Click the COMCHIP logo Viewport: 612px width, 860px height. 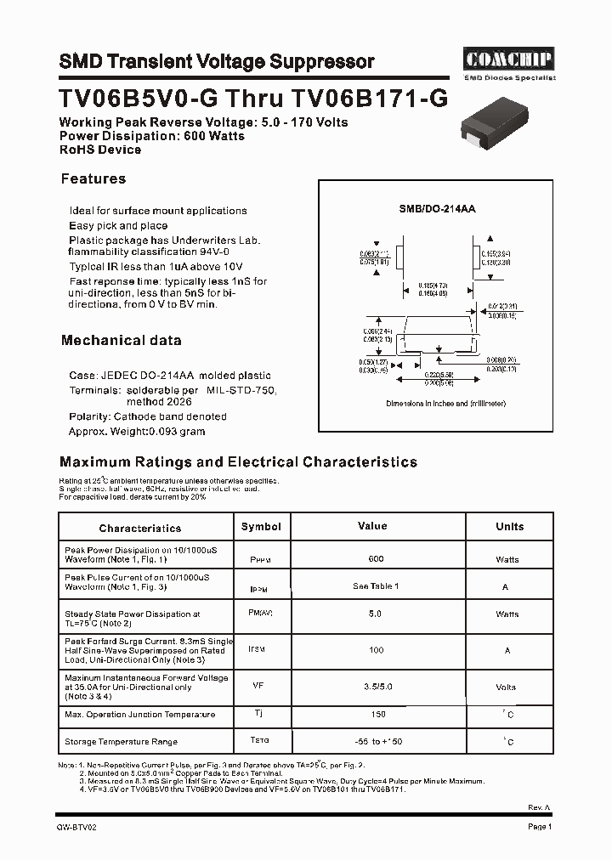pos(508,59)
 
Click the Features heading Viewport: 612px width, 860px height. pos(93,178)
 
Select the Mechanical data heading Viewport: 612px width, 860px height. pos(121,340)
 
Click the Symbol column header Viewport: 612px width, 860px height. pos(261,527)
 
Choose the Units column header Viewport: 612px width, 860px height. pos(509,527)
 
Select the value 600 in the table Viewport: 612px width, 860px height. pos(376,559)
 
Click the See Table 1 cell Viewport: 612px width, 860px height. pos(376,586)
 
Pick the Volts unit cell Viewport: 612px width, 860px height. pos(507,687)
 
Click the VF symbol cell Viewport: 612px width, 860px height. pos(258,683)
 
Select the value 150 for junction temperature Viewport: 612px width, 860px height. pos(377,715)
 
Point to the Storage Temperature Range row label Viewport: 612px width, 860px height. pos(121,742)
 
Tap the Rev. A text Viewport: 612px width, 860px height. pos(540,807)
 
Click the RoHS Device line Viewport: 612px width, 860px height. pos(100,150)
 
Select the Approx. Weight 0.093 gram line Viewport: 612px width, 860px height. pos(137,432)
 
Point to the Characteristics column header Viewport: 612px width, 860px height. pos(140,528)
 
